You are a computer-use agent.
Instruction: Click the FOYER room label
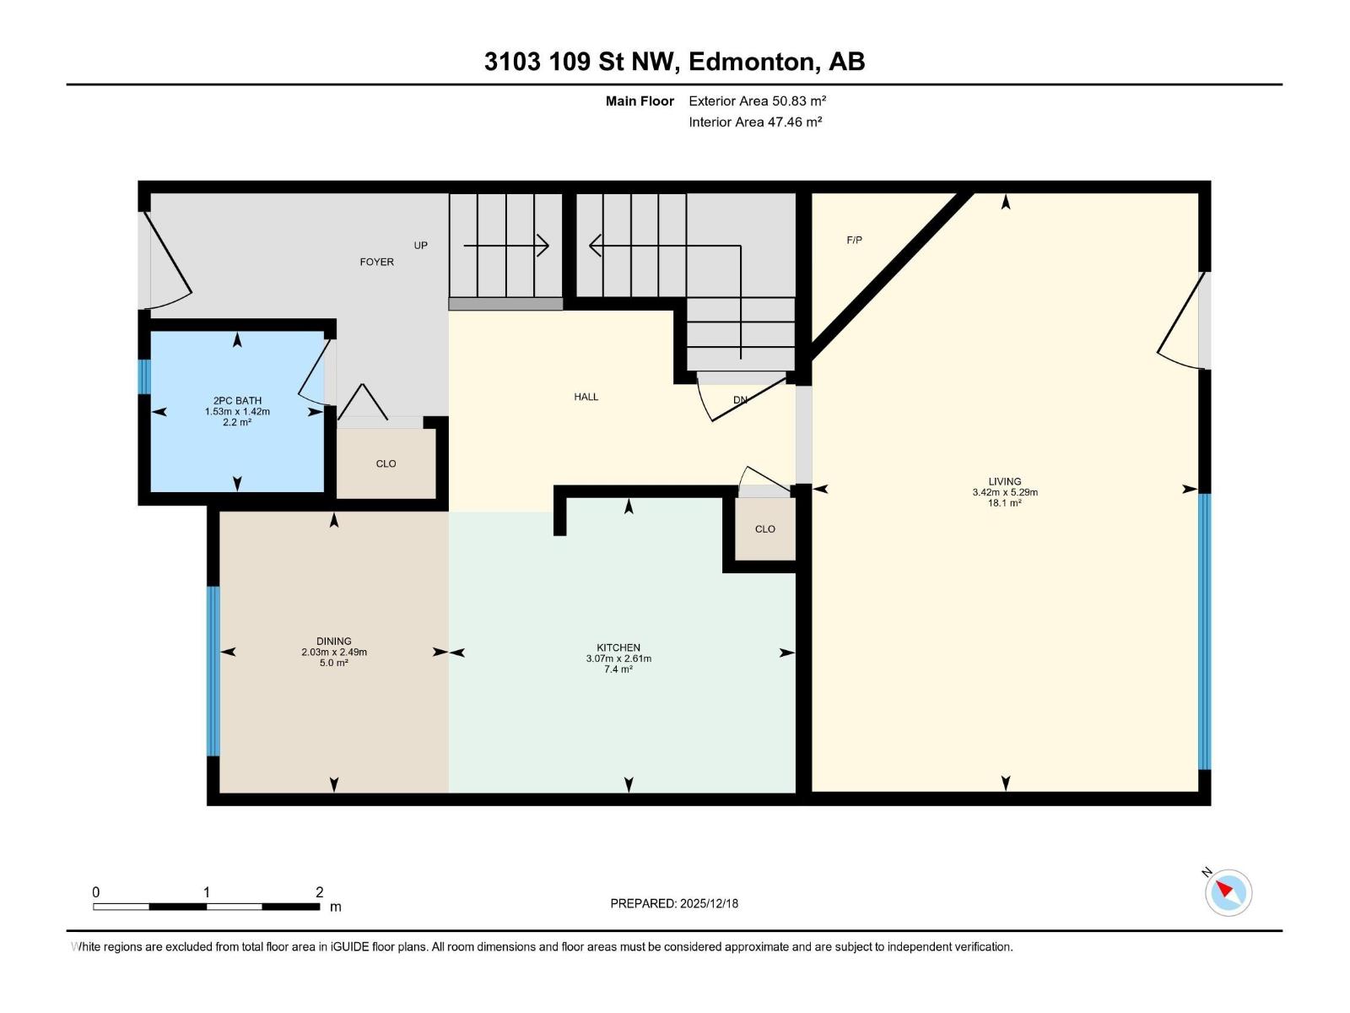point(376,262)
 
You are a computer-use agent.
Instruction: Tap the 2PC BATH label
point(237,400)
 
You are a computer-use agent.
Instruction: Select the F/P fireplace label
point(854,240)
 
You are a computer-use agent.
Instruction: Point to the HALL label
point(586,397)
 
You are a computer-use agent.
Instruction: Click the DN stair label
point(741,400)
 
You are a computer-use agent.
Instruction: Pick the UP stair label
point(421,246)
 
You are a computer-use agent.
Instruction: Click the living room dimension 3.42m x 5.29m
point(1005,492)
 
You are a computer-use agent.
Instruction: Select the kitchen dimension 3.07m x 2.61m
point(618,658)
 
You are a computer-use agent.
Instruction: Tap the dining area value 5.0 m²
point(334,663)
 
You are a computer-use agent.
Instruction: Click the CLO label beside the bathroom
point(386,463)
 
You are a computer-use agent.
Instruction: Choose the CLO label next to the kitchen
point(765,529)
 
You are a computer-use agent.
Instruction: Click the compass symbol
point(1228,892)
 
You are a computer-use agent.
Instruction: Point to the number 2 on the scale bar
point(319,891)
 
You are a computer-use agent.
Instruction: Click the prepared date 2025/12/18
point(709,903)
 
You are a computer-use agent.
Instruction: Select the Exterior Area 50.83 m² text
point(757,100)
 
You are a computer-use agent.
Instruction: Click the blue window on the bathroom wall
point(144,376)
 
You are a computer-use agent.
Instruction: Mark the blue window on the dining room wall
point(213,671)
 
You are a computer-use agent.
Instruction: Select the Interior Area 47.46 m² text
point(755,122)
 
